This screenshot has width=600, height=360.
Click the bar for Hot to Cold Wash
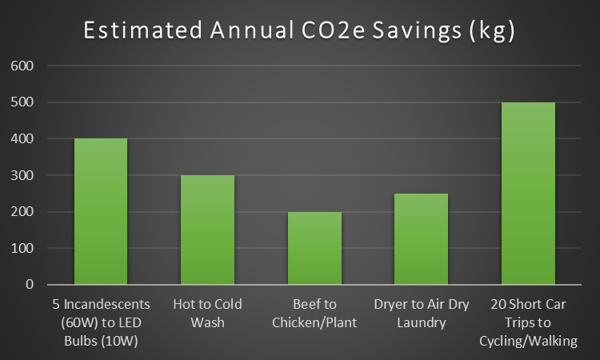click(x=207, y=230)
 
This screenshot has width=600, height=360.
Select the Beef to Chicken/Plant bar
click(x=314, y=248)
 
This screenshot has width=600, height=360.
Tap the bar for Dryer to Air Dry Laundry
click(x=421, y=238)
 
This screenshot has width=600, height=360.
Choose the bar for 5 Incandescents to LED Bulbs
click(x=101, y=211)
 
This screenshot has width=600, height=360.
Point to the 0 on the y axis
click(x=27, y=285)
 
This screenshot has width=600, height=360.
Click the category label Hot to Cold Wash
click(x=207, y=314)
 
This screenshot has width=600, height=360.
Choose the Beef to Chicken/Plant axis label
click(x=314, y=314)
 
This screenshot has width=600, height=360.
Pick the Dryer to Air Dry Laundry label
click(x=421, y=314)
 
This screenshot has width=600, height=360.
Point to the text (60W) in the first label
click(x=64, y=323)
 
